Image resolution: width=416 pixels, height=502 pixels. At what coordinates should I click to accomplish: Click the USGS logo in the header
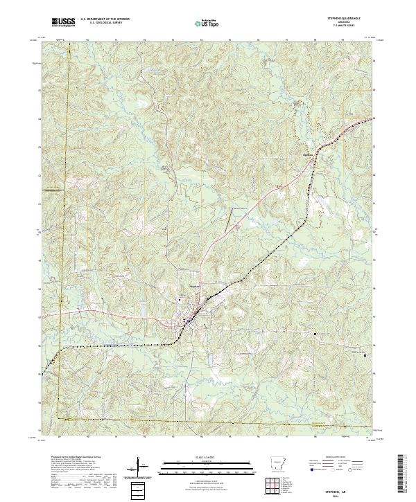[63, 23]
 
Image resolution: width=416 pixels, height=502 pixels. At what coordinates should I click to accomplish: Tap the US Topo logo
[205, 23]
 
